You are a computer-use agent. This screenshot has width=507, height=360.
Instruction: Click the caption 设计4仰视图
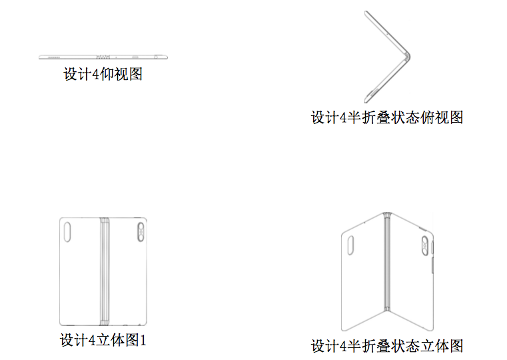(103, 74)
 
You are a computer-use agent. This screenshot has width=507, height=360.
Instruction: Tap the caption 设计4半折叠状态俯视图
(387, 117)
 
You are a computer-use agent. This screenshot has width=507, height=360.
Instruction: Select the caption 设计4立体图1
(103, 340)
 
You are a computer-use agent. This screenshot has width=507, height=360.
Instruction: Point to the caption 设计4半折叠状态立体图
(387, 346)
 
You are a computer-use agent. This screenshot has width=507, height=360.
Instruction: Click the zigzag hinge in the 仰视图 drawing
(103, 57)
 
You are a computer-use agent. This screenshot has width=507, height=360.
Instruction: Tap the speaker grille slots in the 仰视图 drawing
(54, 57)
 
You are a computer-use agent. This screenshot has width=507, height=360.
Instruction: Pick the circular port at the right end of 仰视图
(156, 57)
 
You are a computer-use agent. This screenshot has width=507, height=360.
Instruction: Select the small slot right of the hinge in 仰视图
(135, 57)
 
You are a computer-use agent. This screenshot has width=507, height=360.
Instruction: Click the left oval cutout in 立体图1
(67, 232)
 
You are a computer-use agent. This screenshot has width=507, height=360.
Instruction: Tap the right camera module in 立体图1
(141, 231)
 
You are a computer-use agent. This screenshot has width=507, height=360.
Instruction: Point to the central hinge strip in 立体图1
(105, 271)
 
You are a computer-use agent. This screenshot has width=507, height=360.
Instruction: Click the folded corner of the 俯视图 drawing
(408, 57)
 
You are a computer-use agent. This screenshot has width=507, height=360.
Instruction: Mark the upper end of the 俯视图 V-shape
(366, 12)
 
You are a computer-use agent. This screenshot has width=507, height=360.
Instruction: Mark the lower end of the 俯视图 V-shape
(366, 101)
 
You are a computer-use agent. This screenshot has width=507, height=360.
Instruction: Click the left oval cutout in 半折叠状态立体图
(350, 245)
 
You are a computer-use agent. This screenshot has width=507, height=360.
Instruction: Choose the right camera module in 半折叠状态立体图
(425, 245)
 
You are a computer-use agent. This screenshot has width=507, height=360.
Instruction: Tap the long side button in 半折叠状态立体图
(432, 265)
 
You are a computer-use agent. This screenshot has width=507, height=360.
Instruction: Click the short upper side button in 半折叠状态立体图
(432, 247)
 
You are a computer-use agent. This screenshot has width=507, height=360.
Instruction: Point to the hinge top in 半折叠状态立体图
(387, 214)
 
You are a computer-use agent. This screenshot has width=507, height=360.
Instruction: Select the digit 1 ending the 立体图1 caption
(143, 340)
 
